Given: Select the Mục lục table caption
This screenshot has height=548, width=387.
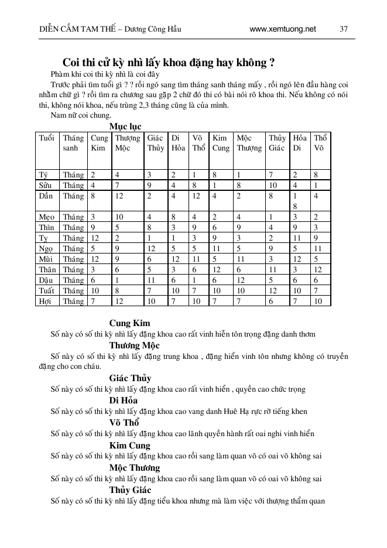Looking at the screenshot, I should pos(125,126).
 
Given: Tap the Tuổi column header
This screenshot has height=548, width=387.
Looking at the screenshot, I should pos(46,138).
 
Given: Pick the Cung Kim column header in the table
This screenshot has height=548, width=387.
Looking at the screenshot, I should pos(99,143).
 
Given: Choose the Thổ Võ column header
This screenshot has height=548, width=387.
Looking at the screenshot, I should pos(320,143).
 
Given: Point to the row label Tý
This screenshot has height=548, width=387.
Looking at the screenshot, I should pos(43,175).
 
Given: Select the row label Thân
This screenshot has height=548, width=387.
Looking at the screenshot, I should pos(47,270).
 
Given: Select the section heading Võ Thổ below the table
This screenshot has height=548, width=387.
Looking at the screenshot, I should pos(124,423).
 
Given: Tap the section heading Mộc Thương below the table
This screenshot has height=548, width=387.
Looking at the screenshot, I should pos(134,468).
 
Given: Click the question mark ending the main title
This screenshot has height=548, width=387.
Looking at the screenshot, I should pos(273,63).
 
